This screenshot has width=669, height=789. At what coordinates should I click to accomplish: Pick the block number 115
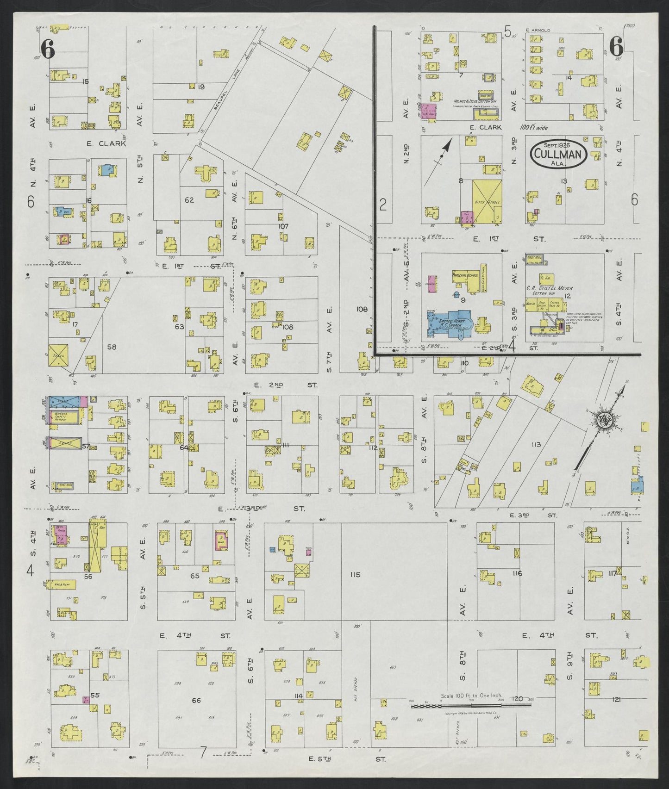click(x=355, y=575)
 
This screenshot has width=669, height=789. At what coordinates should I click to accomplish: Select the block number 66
click(x=196, y=700)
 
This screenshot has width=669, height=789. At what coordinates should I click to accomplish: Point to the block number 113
click(x=536, y=445)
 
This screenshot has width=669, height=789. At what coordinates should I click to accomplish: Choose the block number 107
click(x=283, y=226)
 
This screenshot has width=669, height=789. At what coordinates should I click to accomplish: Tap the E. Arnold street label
click(x=538, y=30)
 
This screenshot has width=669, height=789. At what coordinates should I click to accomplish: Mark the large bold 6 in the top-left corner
click(x=47, y=49)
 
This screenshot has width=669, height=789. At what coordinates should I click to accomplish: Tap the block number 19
click(x=201, y=87)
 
